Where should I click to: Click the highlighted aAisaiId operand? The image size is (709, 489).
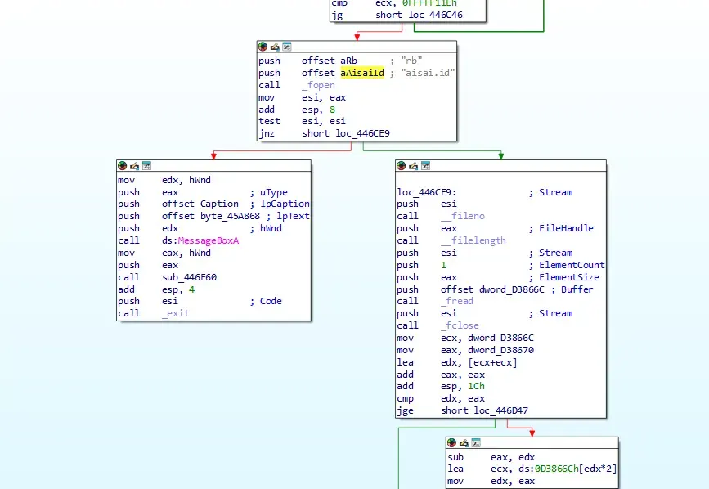pos(362,73)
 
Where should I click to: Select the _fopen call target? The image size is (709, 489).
pos(318,85)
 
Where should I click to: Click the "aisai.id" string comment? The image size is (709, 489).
pos(428,73)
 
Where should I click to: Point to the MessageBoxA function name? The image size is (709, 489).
pos(209,240)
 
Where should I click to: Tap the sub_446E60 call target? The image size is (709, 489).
pos(190,277)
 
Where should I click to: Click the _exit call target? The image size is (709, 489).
pos(176,313)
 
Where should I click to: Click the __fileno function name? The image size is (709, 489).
pos(463,216)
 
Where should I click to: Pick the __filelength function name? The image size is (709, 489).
pos(473,240)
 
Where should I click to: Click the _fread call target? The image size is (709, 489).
pos(457,301)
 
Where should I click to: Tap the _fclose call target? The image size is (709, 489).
pos(460,325)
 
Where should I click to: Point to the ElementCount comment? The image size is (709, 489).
pos(572,265)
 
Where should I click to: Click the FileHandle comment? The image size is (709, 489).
pos(566,228)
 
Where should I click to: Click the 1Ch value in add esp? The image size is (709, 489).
pos(476,386)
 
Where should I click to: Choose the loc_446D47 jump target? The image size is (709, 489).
pos(501,410)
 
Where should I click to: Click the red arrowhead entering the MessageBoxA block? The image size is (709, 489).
pos(213,156)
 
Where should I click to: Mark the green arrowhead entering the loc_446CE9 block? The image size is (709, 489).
pos(501,156)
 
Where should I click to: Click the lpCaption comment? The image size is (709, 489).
pos(285,204)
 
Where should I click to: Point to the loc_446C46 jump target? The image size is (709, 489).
pos(435,15)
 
